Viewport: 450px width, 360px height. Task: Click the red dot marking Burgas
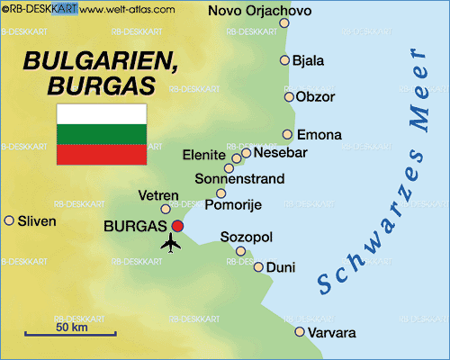tap(177, 226)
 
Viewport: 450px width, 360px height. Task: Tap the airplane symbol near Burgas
tap(171, 242)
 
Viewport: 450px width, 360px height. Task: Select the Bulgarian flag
tap(102, 134)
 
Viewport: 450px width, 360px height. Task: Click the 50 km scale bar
tap(70, 334)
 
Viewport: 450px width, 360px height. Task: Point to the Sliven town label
tap(36, 220)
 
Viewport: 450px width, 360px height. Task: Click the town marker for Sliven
tap(9, 220)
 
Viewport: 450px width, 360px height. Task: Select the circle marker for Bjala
tap(284, 60)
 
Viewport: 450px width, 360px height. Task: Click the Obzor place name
tap(315, 96)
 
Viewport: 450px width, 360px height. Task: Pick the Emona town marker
tap(287, 134)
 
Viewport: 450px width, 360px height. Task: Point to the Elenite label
tap(204, 155)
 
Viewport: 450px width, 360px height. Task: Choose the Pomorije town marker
tap(220, 193)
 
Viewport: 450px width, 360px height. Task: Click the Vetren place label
tap(158, 195)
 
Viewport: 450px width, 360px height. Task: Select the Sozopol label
tap(247, 238)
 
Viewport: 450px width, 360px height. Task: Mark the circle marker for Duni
tap(258, 266)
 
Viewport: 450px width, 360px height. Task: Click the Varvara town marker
tap(300, 332)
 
